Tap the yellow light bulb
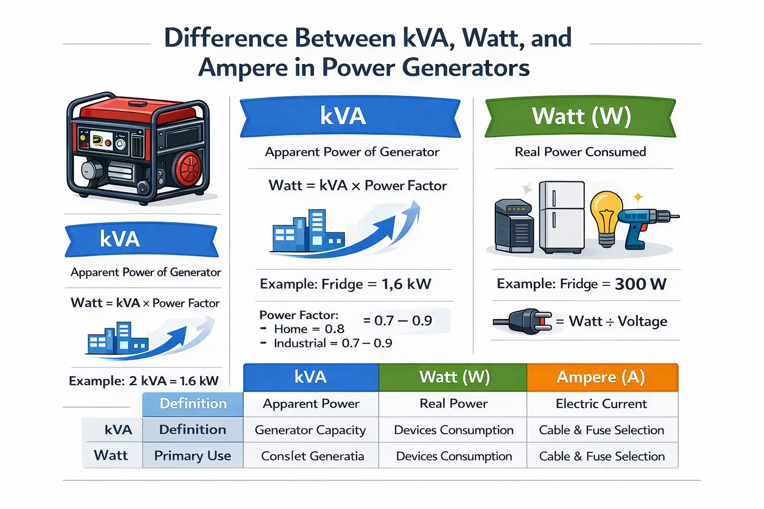pyautogui.click(x=606, y=214)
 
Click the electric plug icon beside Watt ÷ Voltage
pyautogui.click(x=522, y=322)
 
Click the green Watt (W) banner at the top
pyautogui.click(x=580, y=117)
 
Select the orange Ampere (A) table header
pyautogui.click(x=602, y=377)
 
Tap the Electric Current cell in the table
pyautogui.click(x=602, y=404)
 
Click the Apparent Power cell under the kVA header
pyautogui.click(x=311, y=404)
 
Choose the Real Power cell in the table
pyautogui.click(x=453, y=404)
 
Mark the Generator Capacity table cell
pyautogui.click(x=310, y=430)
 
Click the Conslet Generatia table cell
pyautogui.click(x=312, y=456)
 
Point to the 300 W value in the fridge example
pyautogui.click(x=640, y=284)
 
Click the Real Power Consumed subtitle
pyautogui.click(x=580, y=152)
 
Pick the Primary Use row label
pyautogui.click(x=192, y=456)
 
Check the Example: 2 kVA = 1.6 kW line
pyautogui.click(x=144, y=381)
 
